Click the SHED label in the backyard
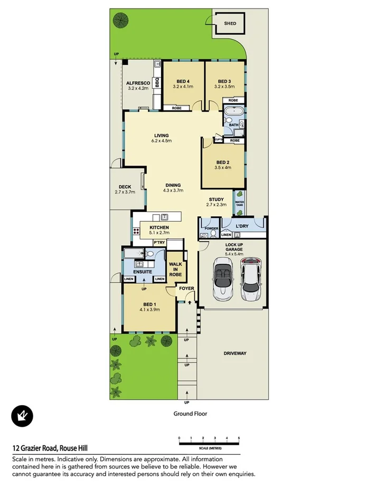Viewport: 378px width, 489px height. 230,24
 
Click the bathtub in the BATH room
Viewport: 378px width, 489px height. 232,112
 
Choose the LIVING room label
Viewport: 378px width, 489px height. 162,135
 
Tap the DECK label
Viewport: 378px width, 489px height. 125,186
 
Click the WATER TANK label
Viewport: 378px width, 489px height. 239,203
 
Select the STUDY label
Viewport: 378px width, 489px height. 216,199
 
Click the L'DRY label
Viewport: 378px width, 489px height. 242,226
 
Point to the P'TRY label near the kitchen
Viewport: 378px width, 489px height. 159,242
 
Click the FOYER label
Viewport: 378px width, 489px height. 186,289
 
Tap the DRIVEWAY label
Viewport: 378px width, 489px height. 234,353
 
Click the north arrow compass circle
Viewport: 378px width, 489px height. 22,416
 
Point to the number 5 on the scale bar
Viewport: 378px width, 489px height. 239,438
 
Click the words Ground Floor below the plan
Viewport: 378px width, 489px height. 190,414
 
